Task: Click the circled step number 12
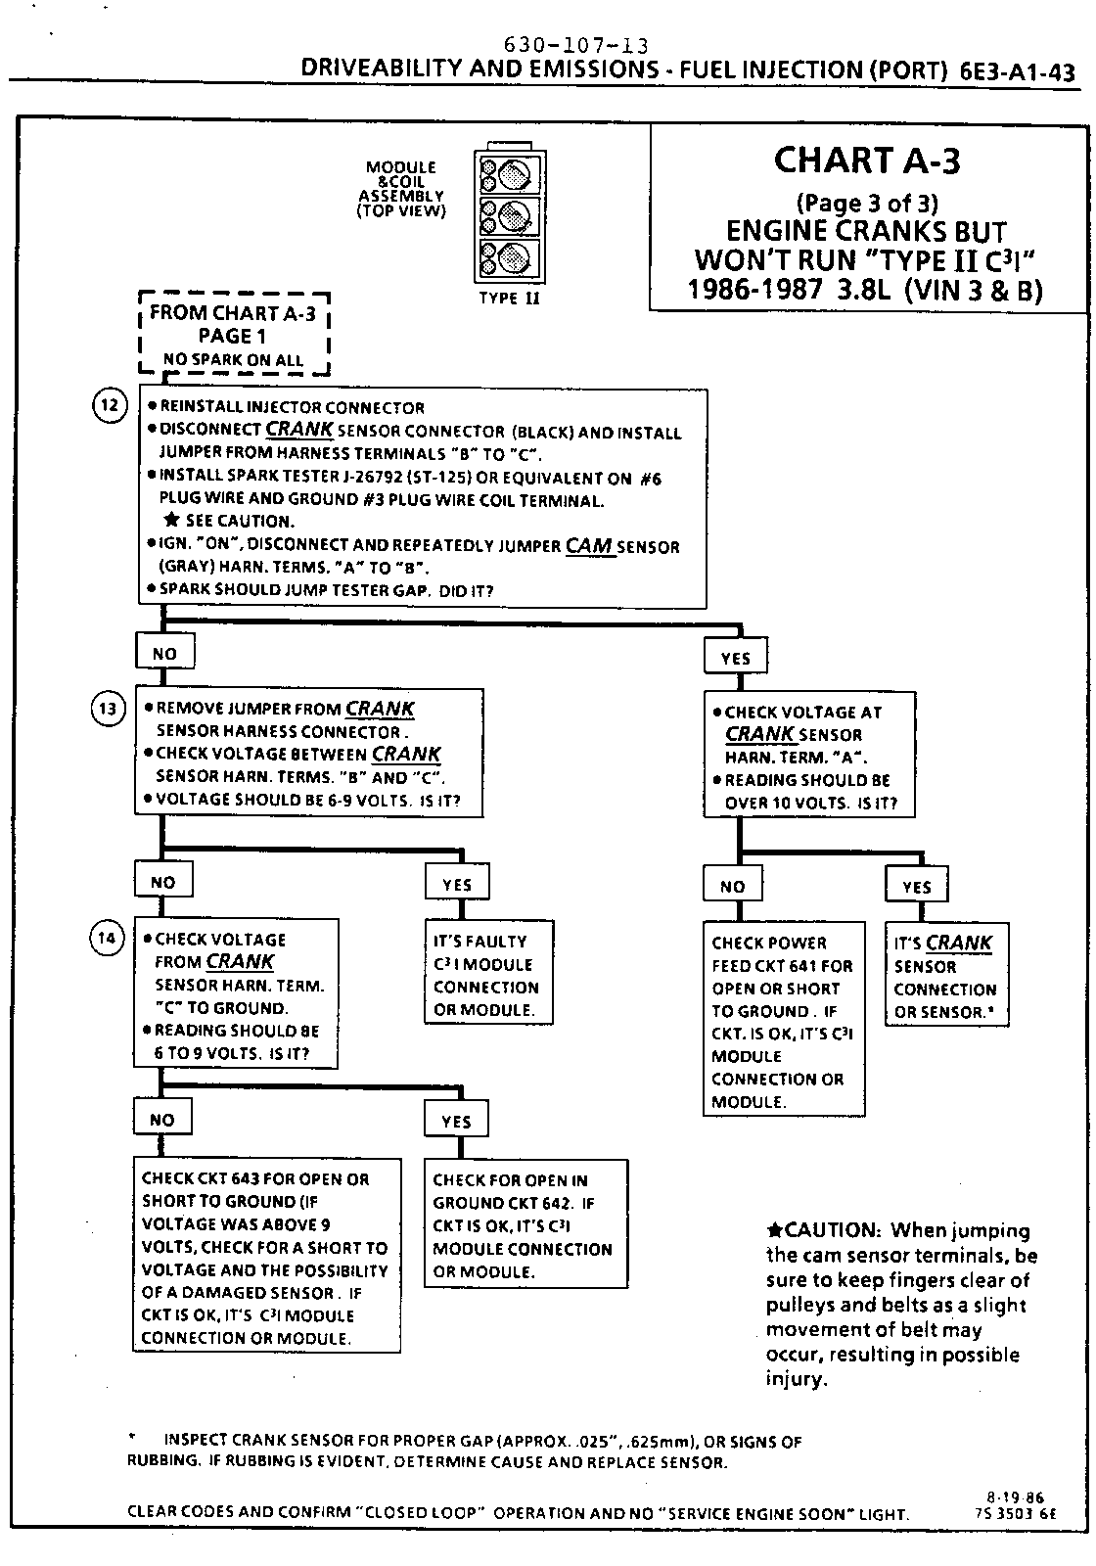[111, 404]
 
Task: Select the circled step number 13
[109, 709]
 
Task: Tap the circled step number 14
[108, 939]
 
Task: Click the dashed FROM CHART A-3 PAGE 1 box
[234, 335]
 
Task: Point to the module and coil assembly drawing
[509, 214]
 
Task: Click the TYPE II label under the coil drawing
[509, 298]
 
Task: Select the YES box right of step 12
[735, 658]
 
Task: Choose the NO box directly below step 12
[164, 653]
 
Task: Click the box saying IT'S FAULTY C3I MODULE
[488, 974]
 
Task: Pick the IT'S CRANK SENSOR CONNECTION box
[945, 976]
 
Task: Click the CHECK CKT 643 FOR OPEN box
[266, 1257]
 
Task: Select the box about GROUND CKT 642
[525, 1224]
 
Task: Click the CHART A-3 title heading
[867, 160]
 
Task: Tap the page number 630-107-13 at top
[575, 46]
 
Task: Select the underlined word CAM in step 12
[589, 545]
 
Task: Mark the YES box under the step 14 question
[457, 1121]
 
